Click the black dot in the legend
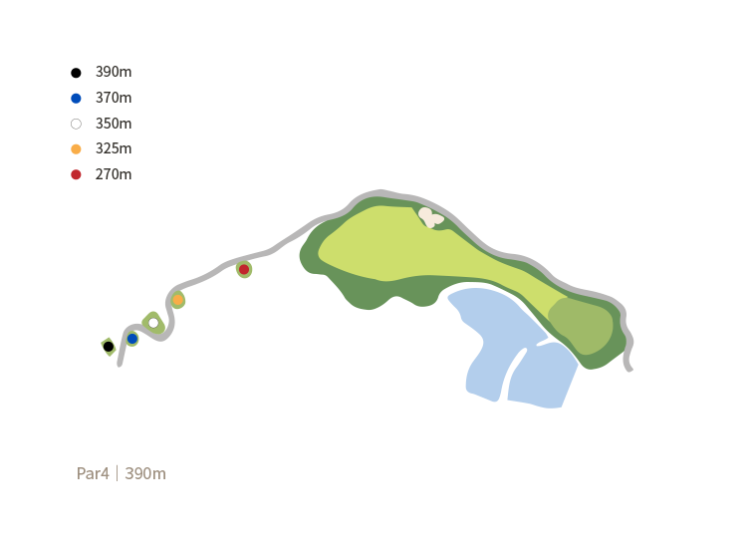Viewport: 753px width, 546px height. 76,73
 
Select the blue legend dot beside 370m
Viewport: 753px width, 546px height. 76,98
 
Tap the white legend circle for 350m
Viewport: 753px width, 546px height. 76,124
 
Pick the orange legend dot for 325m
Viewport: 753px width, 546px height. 76,148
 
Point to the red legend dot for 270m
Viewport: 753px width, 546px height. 76,174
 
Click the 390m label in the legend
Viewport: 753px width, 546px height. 113,73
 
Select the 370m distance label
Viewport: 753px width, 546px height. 113,98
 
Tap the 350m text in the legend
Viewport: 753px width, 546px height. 113,124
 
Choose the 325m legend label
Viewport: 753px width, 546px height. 113,148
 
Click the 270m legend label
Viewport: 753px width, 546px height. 113,174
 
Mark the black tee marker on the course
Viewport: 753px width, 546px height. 108,347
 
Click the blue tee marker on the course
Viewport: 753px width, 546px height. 131,339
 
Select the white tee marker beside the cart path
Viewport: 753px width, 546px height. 152,322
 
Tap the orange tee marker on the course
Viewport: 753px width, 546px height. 177,300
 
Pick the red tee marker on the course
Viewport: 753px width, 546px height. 243,269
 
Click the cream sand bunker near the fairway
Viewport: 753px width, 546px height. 430,216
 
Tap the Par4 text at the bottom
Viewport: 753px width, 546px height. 94,473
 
